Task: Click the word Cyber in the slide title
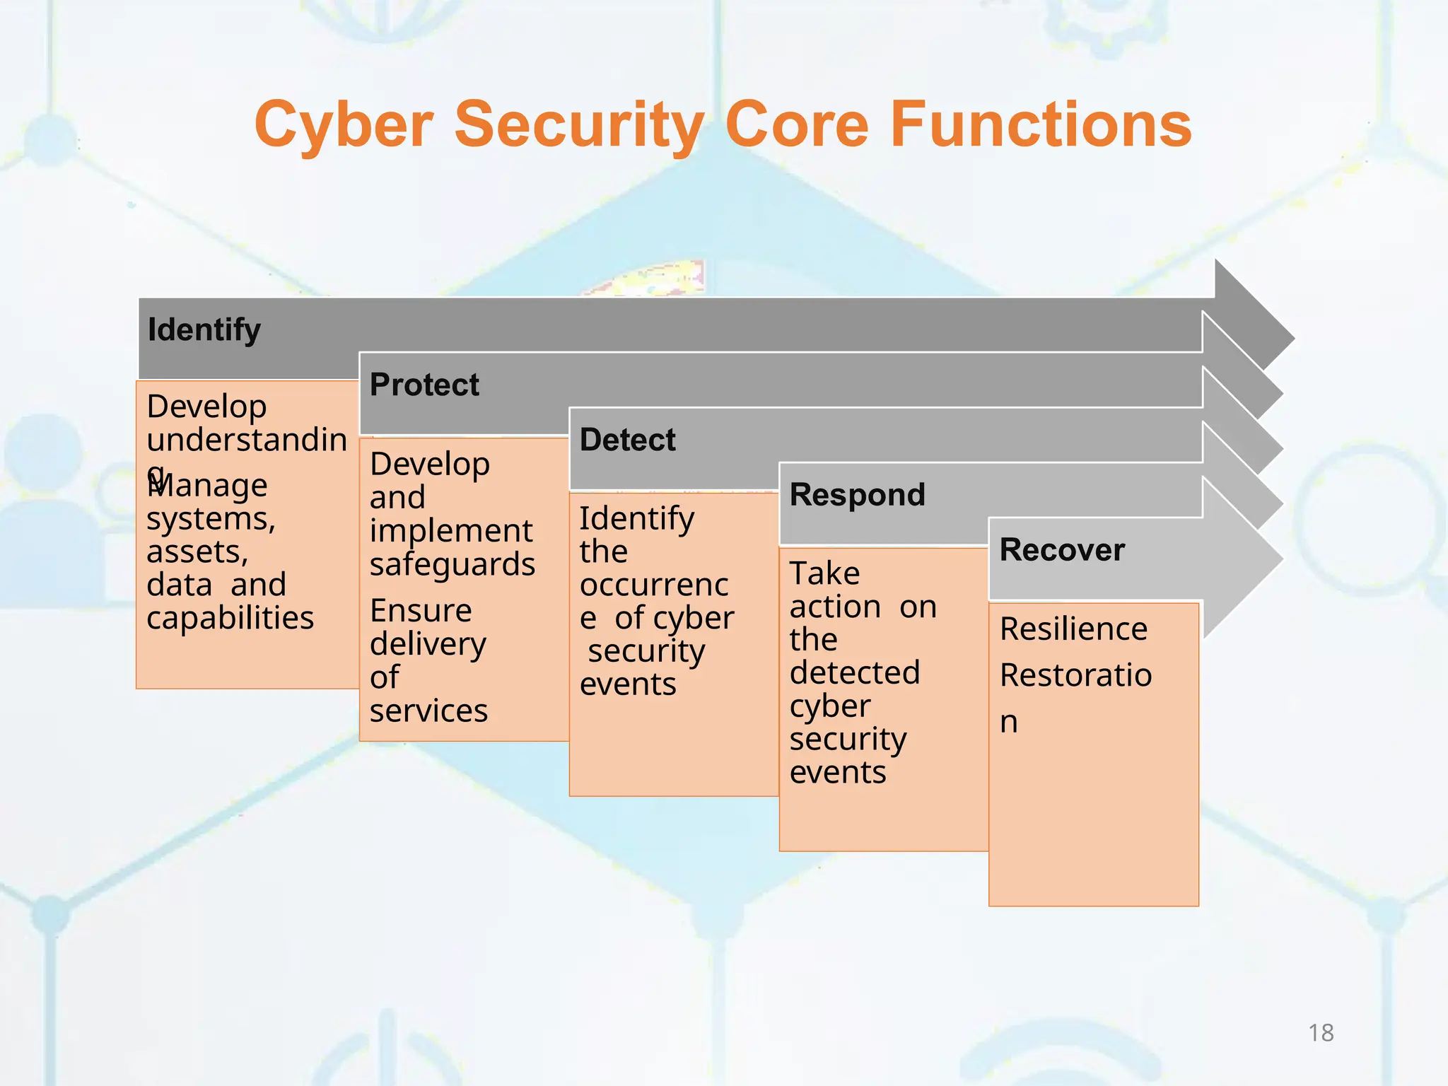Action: coord(344,124)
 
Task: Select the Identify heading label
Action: coord(204,330)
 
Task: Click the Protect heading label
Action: coord(424,385)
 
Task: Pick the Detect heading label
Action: coord(627,440)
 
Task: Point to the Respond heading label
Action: coord(857,494)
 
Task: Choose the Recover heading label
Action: coord(1062,550)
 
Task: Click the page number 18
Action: coord(1321,1033)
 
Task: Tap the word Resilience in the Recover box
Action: coord(1073,629)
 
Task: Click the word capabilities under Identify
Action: coord(230,618)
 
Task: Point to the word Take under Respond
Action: coord(824,573)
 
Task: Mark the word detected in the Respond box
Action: coord(855,672)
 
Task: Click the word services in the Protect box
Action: coord(428,711)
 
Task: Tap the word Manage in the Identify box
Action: coord(208,486)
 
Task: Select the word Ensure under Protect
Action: coord(421,610)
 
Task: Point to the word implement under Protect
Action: coord(451,530)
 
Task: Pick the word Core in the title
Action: coord(797,124)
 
